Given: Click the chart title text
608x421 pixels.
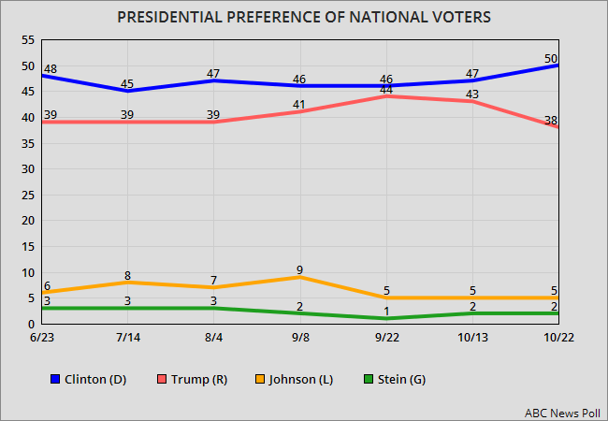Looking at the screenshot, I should point(304,17).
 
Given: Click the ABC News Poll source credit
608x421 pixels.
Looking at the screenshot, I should point(557,410).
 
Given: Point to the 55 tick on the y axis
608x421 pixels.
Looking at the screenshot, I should point(27,40).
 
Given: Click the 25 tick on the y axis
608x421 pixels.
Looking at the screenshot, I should point(27,195).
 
